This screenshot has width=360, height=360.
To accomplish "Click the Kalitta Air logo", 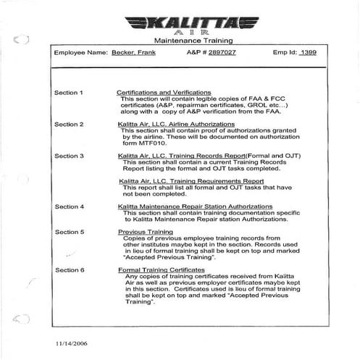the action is (x=180, y=24).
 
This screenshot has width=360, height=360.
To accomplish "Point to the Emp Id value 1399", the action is (x=307, y=54).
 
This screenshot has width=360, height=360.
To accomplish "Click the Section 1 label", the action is (x=70, y=93).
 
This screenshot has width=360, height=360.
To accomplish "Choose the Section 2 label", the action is (x=70, y=124).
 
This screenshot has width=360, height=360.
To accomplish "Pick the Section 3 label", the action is (x=70, y=156).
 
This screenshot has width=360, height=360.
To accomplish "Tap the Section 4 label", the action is (x=70, y=206).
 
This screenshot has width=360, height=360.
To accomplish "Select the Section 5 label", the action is (x=70, y=232).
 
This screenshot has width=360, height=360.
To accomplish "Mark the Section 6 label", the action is (x=70, y=269).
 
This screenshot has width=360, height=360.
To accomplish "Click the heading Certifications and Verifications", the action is (x=164, y=93).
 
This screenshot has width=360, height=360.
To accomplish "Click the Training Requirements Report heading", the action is (x=191, y=181).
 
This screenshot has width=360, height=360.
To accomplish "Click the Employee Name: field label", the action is (x=80, y=54).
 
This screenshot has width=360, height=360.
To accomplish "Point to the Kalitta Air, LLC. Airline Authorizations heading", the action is (x=176, y=124).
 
